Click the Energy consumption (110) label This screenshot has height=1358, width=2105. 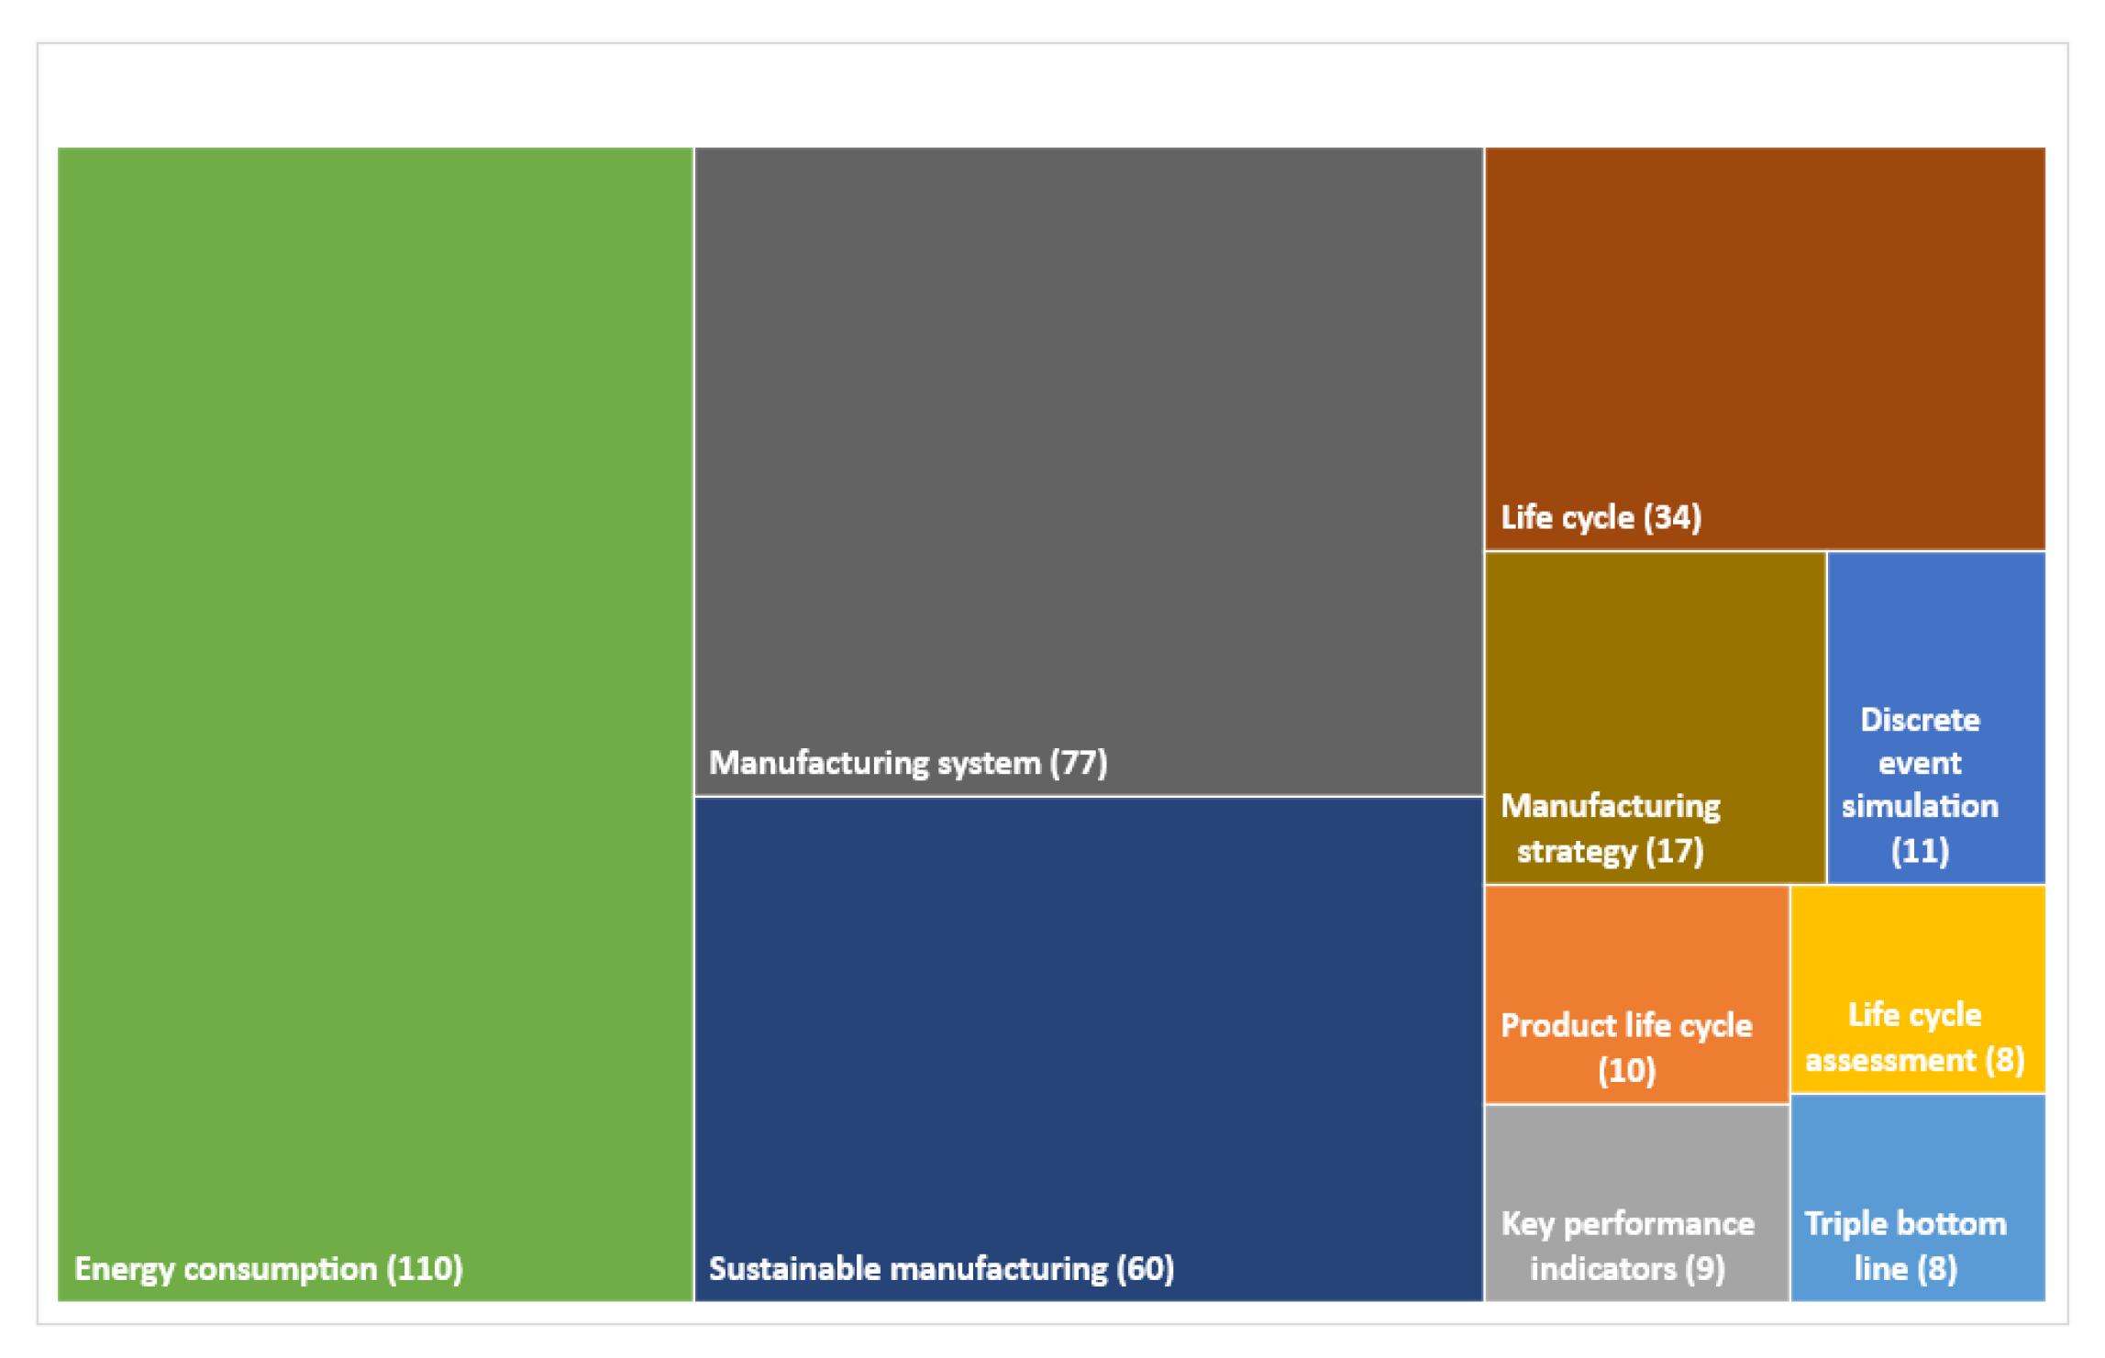268,1269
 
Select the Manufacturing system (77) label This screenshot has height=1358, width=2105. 907,763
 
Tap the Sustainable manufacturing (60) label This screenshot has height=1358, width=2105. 941,1269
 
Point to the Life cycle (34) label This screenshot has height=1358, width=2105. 1601,518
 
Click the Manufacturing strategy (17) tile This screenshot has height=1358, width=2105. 1654,717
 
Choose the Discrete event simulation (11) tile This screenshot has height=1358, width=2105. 1935,717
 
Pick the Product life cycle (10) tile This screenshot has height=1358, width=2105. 1636,995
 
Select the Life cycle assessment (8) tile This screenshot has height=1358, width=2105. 1917,989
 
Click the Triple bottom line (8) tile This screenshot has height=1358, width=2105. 1917,1198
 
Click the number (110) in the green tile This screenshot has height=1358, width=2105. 425,1269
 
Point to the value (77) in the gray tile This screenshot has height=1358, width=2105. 1079,763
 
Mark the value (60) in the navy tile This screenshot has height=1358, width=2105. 1145,1269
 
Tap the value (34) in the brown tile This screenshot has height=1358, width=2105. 1672,518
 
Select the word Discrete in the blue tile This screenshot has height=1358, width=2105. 1920,721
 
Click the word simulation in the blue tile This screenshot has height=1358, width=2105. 1920,806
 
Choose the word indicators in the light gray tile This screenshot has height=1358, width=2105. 1602,1269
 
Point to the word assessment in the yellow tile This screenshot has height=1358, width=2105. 1889,1061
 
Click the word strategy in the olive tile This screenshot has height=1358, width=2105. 1576,852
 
